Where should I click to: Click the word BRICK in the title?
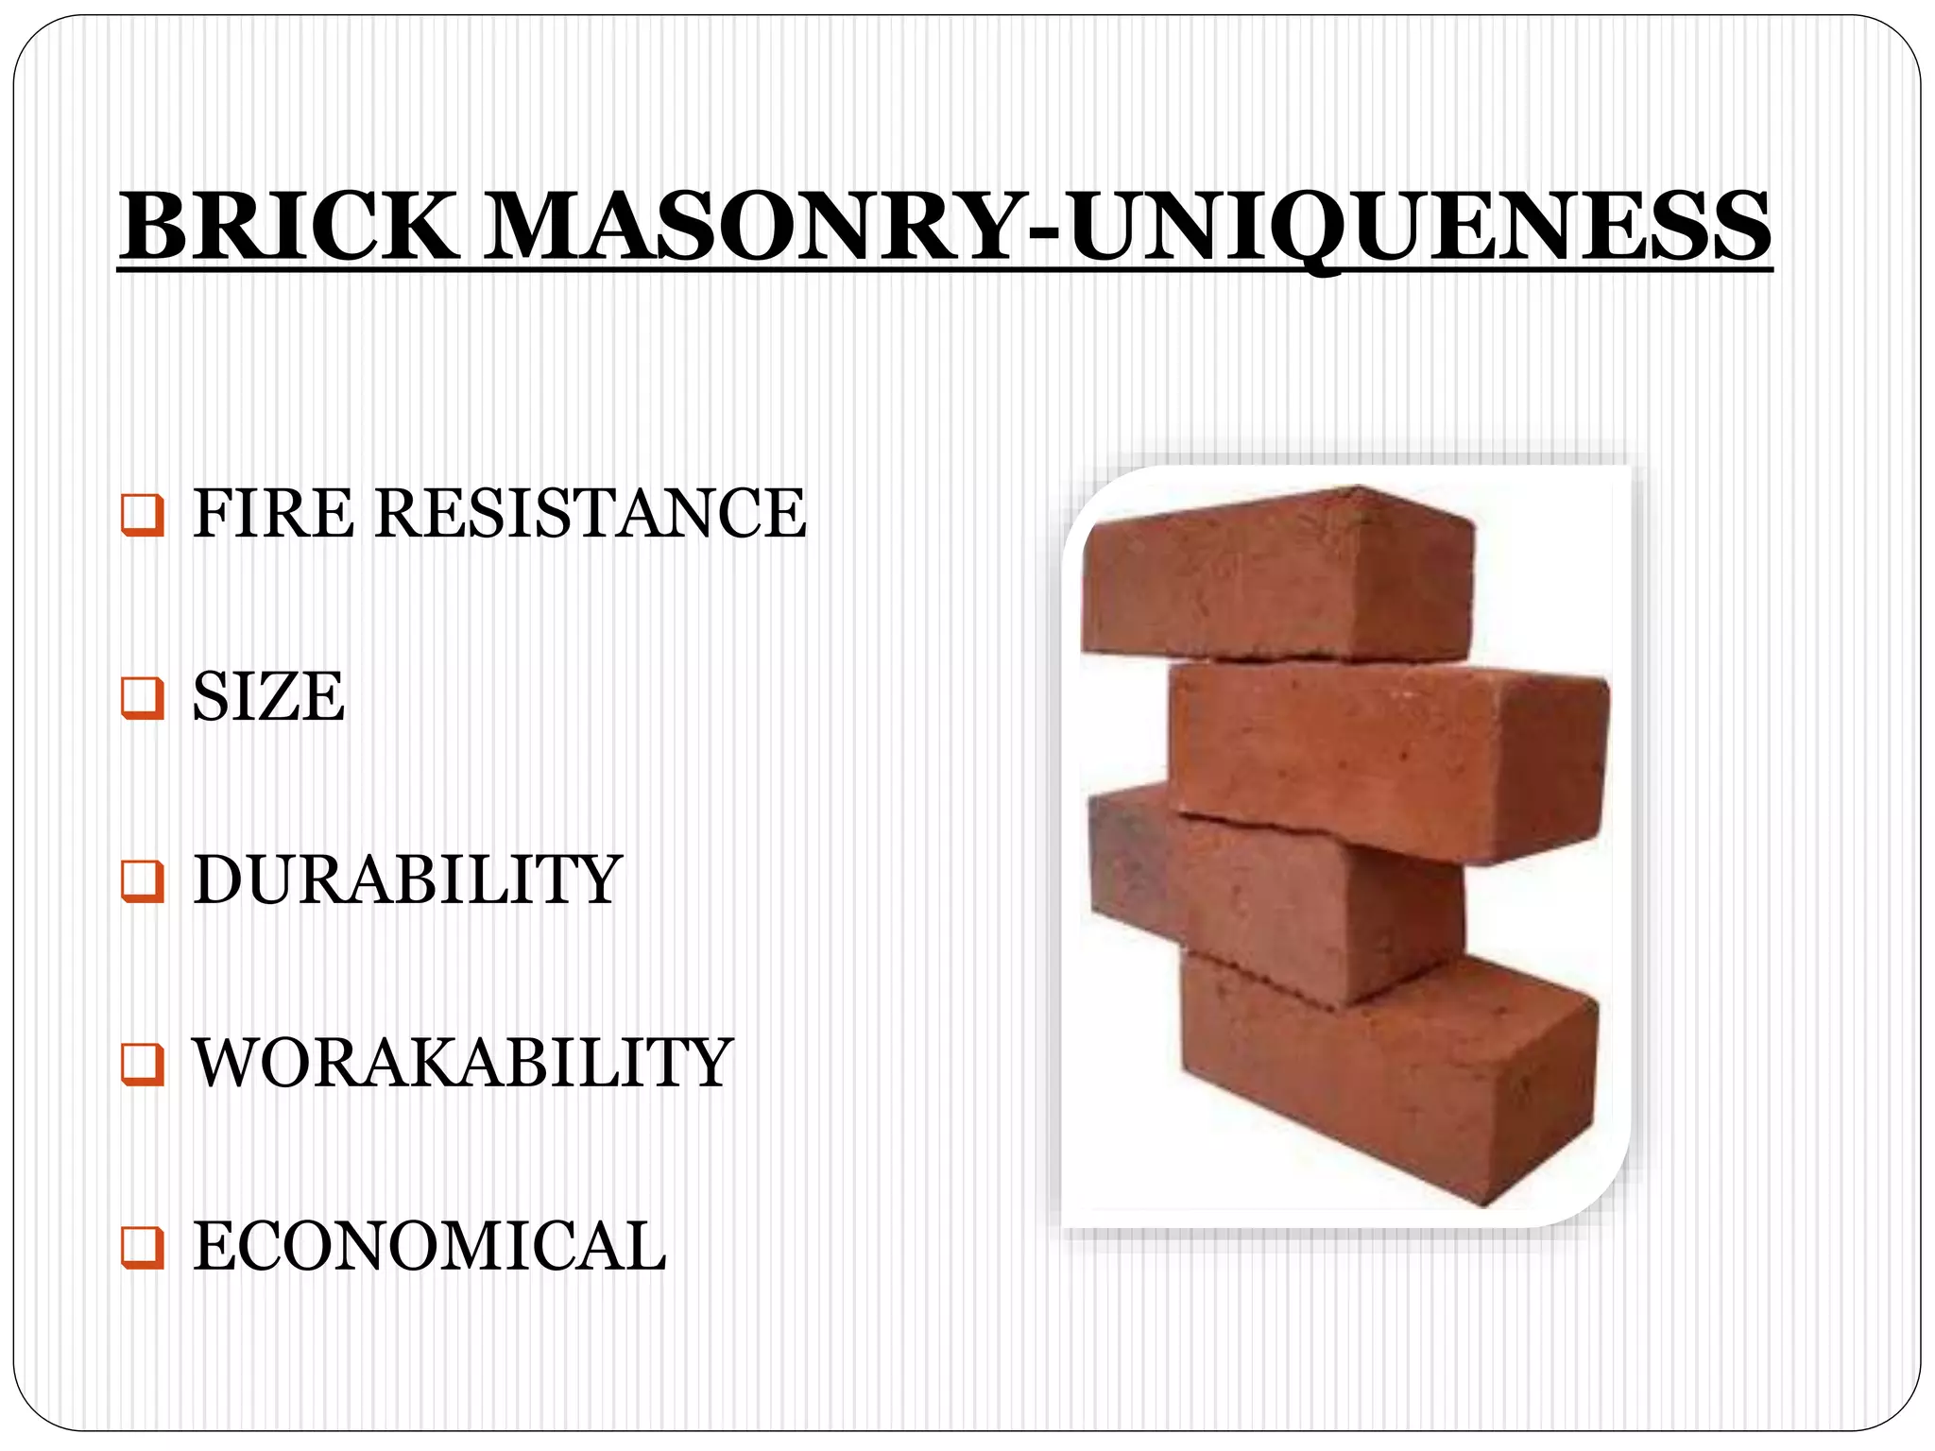click(288, 227)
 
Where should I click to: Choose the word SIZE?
click(268, 696)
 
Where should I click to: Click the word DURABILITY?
click(406, 879)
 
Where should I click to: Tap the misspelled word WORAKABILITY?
click(463, 1063)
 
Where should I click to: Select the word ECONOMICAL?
click(430, 1246)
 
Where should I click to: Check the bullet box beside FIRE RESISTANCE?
click(143, 516)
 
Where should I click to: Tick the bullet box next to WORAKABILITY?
click(143, 1066)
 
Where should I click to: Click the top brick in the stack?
click(1276, 576)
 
